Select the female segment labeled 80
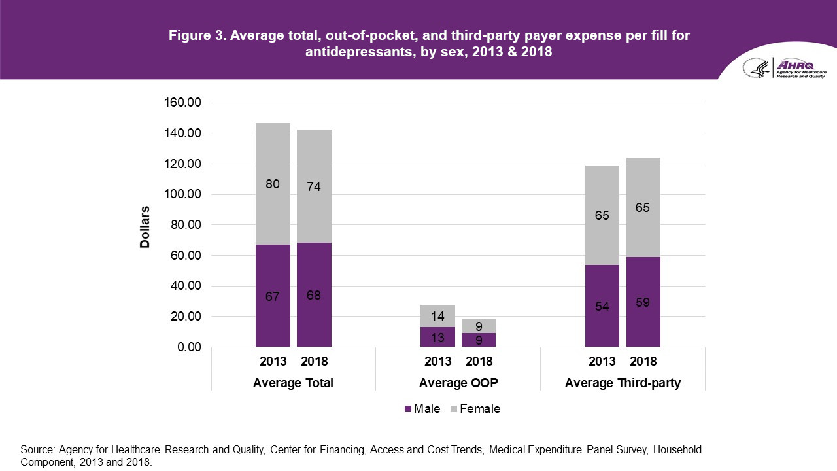pyautogui.click(x=273, y=184)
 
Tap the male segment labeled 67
pyautogui.click(x=273, y=296)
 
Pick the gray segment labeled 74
pyautogui.click(x=314, y=186)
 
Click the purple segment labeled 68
pyautogui.click(x=314, y=295)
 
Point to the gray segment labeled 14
pyautogui.click(x=437, y=316)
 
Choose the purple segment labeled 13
pyautogui.click(x=437, y=337)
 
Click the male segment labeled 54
pyautogui.click(x=602, y=305)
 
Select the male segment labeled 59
pyautogui.click(x=643, y=302)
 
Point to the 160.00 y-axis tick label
pyautogui.click(x=182, y=103)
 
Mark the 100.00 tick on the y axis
pyautogui.click(x=182, y=194)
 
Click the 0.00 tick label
pyautogui.click(x=187, y=347)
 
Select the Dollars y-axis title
pyautogui.click(x=145, y=227)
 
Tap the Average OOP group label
pyautogui.click(x=458, y=383)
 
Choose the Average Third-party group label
pyautogui.click(x=623, y=383)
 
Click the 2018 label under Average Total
pyautogui.click(x=314, y=362)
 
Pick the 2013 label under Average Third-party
pyautogui.click(x=602, y=362)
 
